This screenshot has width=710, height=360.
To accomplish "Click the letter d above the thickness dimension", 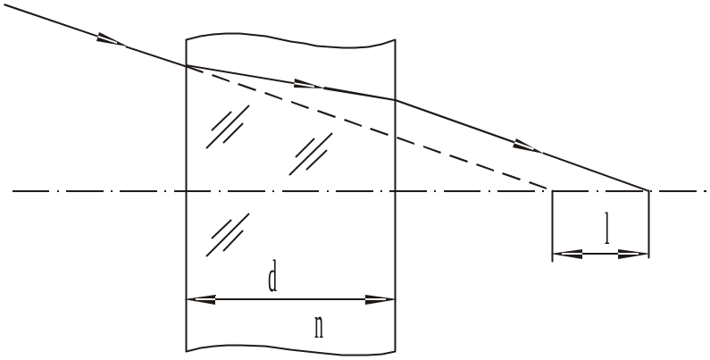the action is click(272, 280).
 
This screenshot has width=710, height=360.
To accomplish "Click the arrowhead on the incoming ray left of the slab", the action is click(111, 39).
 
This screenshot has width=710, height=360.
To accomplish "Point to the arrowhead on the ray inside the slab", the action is click(308, 84).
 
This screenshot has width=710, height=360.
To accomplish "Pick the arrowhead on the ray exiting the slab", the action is click(527, 146).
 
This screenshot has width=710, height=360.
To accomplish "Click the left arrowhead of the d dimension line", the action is click(201, 299).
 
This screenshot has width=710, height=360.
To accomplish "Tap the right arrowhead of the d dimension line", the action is click(380, 299).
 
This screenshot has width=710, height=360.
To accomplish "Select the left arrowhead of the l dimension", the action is click(567, 254).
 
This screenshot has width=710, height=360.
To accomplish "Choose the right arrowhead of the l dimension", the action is click(633, 254).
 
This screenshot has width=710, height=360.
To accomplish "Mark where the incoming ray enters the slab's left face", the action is click(186, 66).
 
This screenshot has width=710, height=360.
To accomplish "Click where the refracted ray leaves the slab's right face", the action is click(396, 100).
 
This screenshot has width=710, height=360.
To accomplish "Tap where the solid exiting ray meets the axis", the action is click(648, 190).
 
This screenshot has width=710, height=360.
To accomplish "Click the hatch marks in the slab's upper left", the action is click(228, 127).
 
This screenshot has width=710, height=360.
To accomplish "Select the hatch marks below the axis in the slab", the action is click(228, 235).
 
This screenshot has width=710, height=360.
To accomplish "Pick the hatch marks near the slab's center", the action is click(311, 154).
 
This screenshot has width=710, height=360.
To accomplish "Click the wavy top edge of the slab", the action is click(291, 39).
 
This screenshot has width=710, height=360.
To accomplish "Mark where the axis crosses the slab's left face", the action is click(186, 191).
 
